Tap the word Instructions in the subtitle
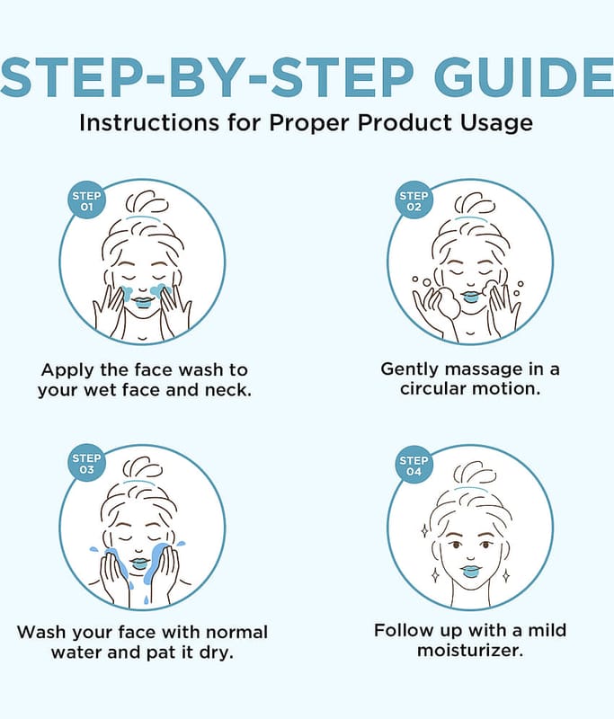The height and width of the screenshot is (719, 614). pos(149,122)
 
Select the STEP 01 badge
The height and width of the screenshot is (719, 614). pos(86,200)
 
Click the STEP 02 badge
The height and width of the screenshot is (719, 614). pos(414,200)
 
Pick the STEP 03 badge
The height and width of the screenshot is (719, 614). pos(86,464)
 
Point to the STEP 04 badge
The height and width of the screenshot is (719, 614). pos(414,466)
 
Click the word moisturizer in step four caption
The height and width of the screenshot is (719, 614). pos(470,650)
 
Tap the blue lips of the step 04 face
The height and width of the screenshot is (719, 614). pos(469,572)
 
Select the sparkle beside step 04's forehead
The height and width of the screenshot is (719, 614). pos(424,531)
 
